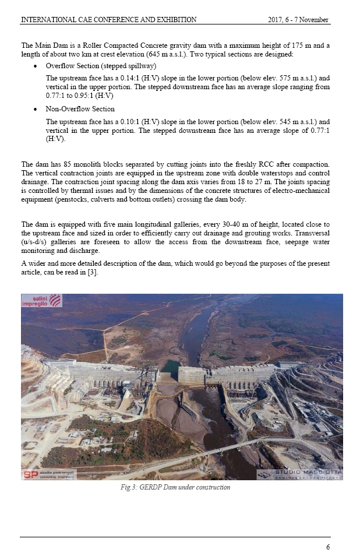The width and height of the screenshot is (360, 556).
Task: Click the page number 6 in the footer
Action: click(327, 547)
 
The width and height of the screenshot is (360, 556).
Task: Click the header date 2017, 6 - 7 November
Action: click(298, 20)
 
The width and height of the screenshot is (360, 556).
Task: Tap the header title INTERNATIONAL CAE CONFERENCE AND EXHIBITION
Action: click(108, 20)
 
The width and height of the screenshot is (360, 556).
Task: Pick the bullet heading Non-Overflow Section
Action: click(80, 109)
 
